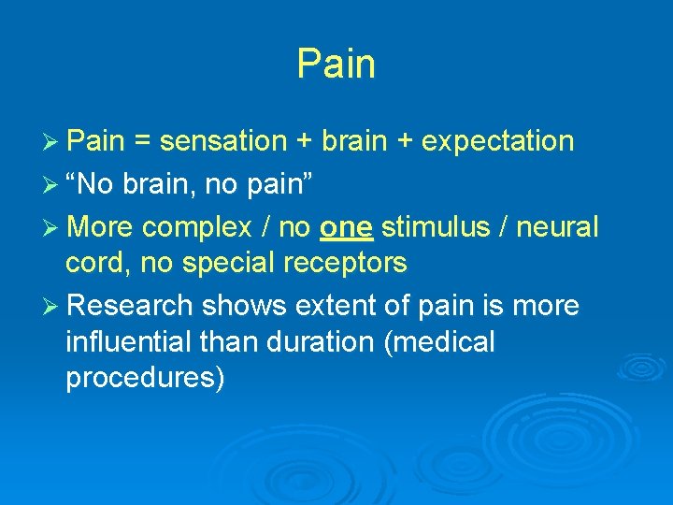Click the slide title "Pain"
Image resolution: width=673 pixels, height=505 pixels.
[x=336, y=65]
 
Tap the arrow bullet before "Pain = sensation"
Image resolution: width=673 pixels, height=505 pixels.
[x=52, y=142]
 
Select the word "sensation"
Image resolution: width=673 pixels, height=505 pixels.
[x=222, y=141]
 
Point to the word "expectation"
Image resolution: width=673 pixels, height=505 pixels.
[x=497, y=142]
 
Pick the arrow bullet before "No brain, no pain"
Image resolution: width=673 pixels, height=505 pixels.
[x=52, y=185]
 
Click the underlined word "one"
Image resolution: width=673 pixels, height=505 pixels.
[x=346, y=227]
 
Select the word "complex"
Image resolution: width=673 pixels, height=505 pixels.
[x=192, y=227]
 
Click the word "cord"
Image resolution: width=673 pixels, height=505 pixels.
[x=97, y=264]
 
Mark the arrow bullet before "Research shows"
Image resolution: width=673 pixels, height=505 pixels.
[x=52, y=307]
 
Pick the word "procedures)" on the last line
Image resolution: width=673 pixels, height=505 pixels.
[x=145, y=379]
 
